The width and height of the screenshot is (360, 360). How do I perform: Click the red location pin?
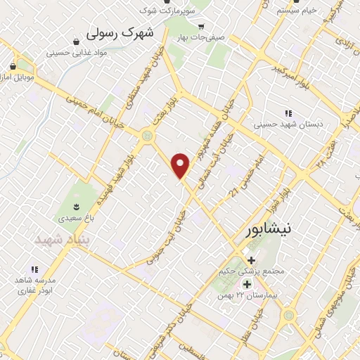181,165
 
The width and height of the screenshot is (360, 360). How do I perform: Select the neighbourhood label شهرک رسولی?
114,33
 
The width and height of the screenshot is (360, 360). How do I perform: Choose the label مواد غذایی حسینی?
77,53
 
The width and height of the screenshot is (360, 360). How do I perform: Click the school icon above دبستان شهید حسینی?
288,113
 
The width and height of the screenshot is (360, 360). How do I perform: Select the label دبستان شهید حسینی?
288,125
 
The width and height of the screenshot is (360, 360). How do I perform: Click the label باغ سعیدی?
76,218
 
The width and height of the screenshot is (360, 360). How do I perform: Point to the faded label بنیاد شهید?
60,240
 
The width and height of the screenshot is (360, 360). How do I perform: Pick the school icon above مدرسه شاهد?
33,269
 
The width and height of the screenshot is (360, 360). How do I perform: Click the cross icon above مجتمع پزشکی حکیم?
250,261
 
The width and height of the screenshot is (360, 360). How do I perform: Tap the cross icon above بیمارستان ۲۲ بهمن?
247,285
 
